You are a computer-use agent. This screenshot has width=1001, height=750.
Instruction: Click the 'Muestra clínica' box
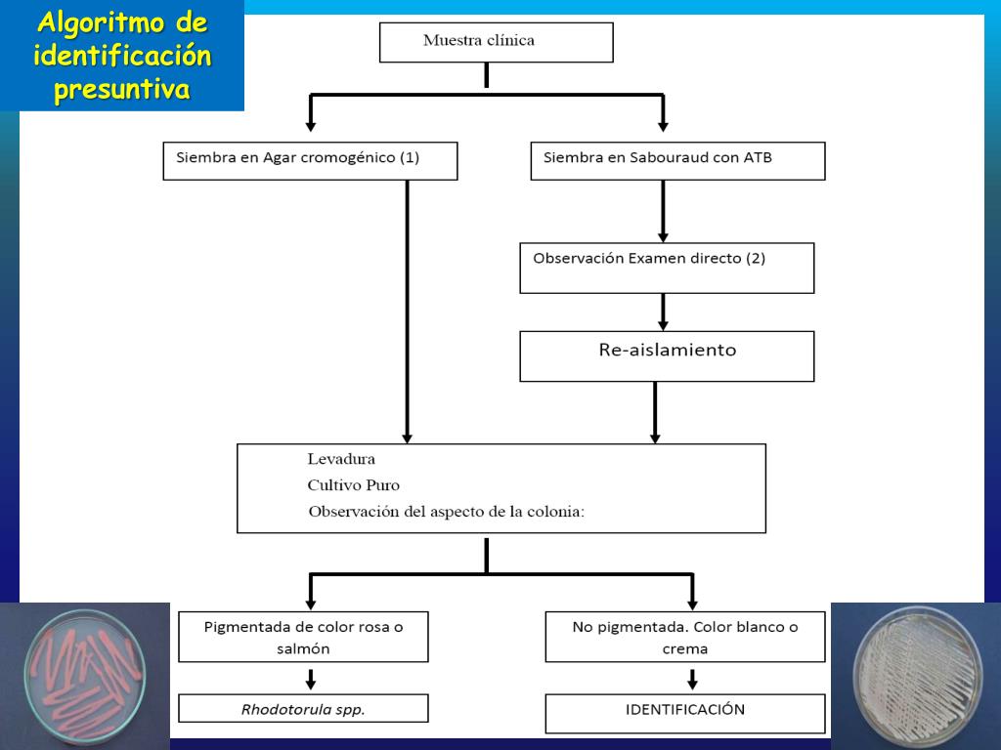click(x=496, y=42)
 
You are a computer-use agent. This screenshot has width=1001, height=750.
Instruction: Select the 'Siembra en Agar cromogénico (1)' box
click(x=310, y=161)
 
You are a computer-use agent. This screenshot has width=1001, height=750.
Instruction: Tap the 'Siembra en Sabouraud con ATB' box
click(x=677, y=161)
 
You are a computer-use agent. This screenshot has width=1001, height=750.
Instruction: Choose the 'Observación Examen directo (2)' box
click(x=667, y=268)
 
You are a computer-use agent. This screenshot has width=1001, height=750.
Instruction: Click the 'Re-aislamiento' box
click(x=667, y=355)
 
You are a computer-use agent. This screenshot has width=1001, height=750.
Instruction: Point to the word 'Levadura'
click(x=341, y=459)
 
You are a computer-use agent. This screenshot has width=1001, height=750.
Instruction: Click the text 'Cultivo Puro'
click(x=353, y=485)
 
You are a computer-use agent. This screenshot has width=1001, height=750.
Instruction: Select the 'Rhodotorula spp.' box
click(x=303, y=709)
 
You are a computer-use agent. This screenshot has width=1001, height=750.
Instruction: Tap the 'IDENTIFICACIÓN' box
click(x=684, y=713)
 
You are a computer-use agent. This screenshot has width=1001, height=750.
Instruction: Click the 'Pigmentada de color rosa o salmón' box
click(x=303, y=637)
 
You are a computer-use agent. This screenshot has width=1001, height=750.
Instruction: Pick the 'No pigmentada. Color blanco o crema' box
click(x=684, y=637)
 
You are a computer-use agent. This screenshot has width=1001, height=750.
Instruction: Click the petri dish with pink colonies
click(x=84, y=677)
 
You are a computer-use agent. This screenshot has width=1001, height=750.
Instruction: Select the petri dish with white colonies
click(x=915, y=677)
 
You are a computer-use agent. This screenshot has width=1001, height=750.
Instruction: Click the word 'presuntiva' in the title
click(x=121, y=91)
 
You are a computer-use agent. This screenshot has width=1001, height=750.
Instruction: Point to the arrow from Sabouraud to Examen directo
click(x=663, y=211)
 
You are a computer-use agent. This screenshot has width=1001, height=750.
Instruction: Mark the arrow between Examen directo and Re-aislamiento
click(x=663, y=312)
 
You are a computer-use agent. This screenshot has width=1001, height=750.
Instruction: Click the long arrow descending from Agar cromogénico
click(x=407, y=312)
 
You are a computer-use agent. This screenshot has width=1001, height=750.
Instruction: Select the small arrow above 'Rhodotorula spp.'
click(x=311, y=679)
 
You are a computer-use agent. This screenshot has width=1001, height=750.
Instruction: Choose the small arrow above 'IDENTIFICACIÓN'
click(x=692, y=679)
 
